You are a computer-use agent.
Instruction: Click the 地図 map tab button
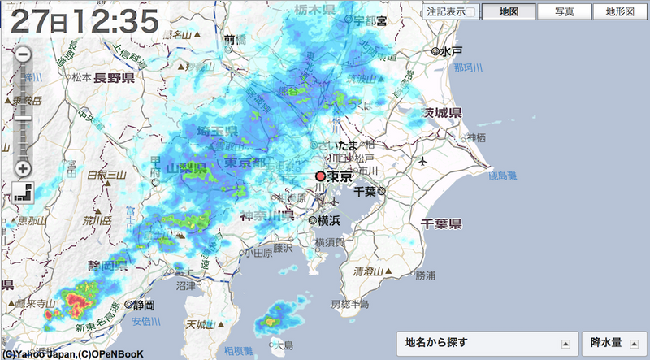click(509, 12)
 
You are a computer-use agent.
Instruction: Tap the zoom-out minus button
click(23, 54)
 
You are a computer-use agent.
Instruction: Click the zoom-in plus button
click(23, 169)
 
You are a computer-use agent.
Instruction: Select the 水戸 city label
click(452, 51)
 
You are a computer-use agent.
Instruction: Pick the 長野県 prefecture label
click(114, 78)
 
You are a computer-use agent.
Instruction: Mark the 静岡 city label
click(143, 305)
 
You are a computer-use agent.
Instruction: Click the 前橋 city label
click(235, 39)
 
